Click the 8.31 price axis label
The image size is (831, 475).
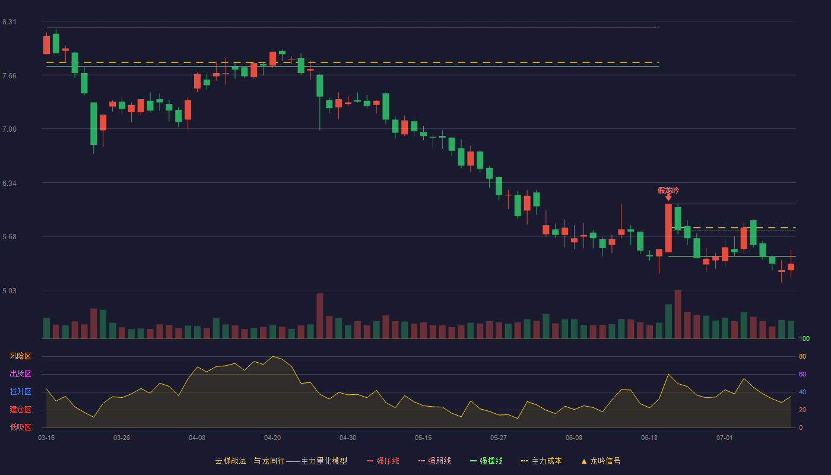click(x=9, y=22)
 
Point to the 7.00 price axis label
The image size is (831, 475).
click(x=9, y=129)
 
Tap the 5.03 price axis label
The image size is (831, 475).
click(x=9, y=291)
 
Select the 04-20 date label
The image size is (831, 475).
click(x=272, y=438)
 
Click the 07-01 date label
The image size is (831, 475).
click(x=725, y=438)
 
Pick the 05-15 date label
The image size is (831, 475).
click(x=423, y=438)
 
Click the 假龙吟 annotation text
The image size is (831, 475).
click(x=668, y=191)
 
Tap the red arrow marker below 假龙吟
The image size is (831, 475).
click(x=668, y=198)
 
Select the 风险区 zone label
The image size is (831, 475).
click(x=20, y=356)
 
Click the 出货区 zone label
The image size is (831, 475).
click(x=20, y=373)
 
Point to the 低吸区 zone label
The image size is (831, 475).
click(x=20, y=427)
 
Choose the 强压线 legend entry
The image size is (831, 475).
click(x=383, y=461)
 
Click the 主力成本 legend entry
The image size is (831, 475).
click(x=541, y=461)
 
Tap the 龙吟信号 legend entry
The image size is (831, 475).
click(x=601, y=461)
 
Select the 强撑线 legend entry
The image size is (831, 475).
click(x=486, y=461)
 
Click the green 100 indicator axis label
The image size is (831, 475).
click(x=804, y=338)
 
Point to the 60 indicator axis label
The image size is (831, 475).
click(x=803, y=374)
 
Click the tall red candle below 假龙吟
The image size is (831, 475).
click(x=668, y=228)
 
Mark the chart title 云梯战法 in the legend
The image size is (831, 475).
click(x=230, y=461)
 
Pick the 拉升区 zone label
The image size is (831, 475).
click(x=20, y=391)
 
